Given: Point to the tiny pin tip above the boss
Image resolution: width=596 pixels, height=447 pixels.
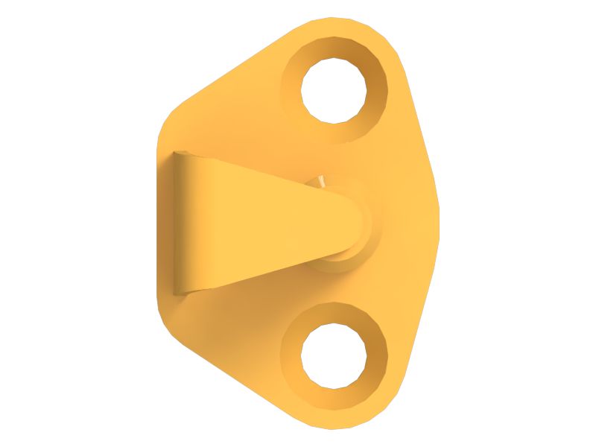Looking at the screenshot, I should pos(321,180).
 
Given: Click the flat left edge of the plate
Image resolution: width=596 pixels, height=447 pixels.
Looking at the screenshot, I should pos(158,223).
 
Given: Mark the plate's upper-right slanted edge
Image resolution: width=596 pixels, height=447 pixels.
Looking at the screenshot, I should pos(421,127).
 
